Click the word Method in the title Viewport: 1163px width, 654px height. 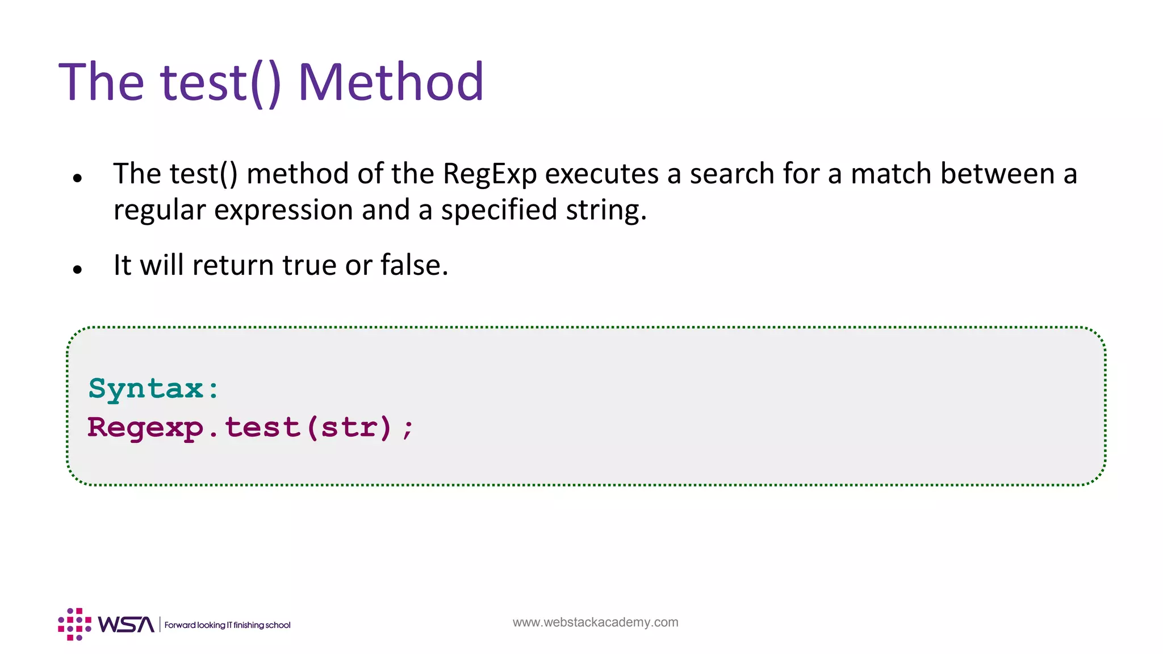tap(391, 83)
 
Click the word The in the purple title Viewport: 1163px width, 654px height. tap(102, 83)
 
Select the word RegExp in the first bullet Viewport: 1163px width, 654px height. tap(490, 174)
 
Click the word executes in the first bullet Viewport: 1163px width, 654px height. tap(601, 174)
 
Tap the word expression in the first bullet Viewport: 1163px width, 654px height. tap(283, 211)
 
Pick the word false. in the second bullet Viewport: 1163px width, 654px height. tap(414, 265)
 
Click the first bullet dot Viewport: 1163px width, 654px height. tap(78, 178)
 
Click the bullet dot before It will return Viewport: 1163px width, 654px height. tap(78, 270)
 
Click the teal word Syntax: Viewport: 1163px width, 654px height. tap(153, 389)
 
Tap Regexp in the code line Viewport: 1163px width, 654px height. tap(145, 427)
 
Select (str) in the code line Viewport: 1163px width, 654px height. tap(349, 427)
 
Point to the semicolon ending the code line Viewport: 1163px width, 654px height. tap(407, 429)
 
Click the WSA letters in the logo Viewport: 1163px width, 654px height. tap(125, 624)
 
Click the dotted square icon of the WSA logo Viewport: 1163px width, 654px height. tap(74, 624)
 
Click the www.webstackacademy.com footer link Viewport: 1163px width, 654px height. tap(595, 622)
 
